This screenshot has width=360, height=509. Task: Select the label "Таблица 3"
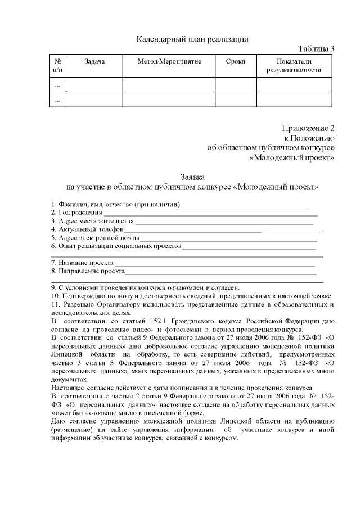click(316, 48)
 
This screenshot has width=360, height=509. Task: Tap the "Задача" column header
click(94, 61)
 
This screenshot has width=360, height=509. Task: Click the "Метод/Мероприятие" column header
click(169, 61)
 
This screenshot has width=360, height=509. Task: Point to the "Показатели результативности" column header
click(294, 65)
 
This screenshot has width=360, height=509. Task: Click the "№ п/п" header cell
click(58, 65)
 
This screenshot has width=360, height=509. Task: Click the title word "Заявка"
click(192, 177)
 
